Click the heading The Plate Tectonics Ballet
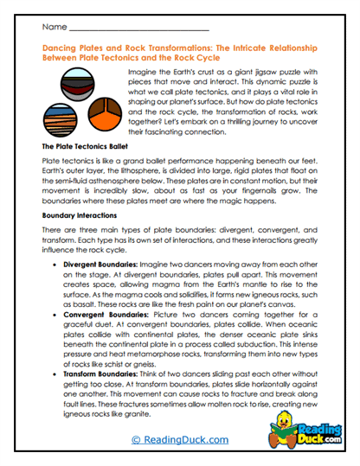(86, 148)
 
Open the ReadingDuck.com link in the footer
(179, 439)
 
